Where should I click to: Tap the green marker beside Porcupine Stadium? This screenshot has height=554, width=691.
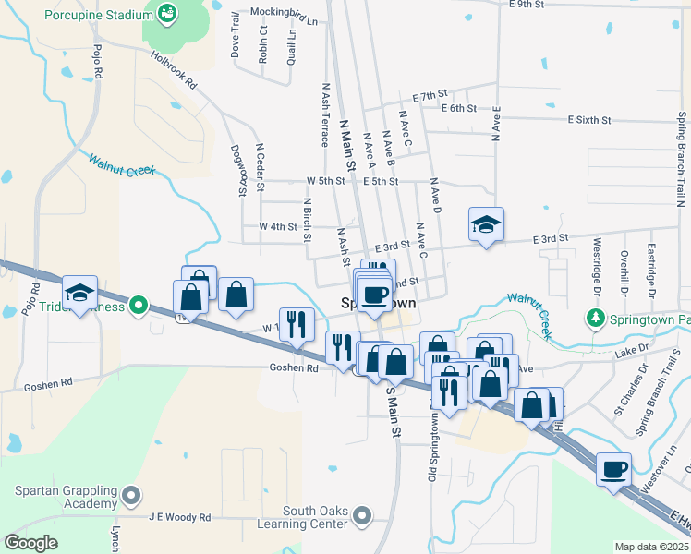click(x=167, y=13)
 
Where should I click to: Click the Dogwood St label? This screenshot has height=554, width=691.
click(x=239, y=171)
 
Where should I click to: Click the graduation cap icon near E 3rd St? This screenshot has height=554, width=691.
click(x=486, y=224)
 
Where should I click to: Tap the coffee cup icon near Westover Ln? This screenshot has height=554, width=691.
click(x=614, y=470)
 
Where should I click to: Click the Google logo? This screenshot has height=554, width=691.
click(x=30, y=543)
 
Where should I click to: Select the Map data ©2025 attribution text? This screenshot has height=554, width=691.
click(x=650, y=547)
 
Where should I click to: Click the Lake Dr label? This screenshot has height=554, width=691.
click(x=636, y=351)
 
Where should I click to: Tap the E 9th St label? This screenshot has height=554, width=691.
click(x=527, y=5)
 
